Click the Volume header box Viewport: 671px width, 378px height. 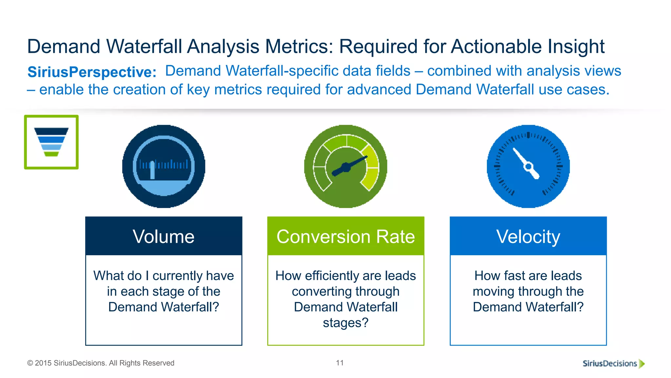163,236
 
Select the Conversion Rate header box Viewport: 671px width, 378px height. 346,236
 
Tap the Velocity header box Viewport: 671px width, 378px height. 528,236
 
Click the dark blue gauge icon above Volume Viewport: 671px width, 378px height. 163,166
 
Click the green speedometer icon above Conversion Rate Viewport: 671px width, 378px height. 346,166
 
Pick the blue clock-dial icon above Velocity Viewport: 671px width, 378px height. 528,166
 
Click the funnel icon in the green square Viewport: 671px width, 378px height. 51,142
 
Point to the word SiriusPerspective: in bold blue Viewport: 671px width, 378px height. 92,72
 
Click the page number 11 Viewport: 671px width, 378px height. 340,363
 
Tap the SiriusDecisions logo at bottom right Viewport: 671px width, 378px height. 613,363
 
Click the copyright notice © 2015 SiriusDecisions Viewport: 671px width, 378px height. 101,363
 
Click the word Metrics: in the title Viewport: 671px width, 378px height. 299,46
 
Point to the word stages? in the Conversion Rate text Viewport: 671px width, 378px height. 346,323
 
